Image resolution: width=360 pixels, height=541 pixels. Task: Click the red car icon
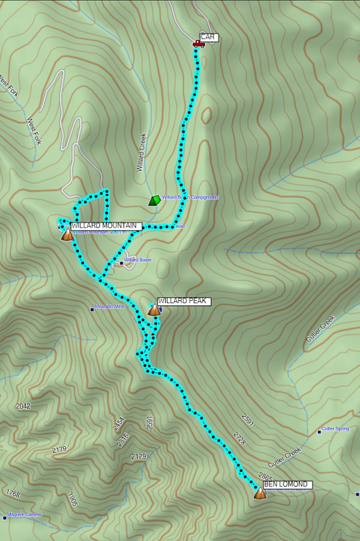pyautogui.click(x=197, y=43)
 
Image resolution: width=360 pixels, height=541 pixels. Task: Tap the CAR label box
pyautogui.click(x=209, y=37)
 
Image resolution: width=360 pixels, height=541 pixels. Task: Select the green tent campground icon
pyautogui.click(x=155, y=200)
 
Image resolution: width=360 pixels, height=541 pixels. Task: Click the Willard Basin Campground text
pyautogui.click(x=190, y=197)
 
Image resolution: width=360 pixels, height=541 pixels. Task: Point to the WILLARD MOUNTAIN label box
pyautogui.click(x=106, y=226)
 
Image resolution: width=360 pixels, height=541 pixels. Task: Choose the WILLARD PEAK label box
pyautogui.click(x=184, y=301)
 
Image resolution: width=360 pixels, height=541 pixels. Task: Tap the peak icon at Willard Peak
pyautogui.click(x=154, y=310)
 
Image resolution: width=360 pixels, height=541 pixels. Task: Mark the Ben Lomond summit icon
pyautogui.click(x=260, y=493)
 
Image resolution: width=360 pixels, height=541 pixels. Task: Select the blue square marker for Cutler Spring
pyautogui.click(x=319, y=431)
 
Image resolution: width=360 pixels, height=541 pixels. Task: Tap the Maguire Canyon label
pyautogui.click(x=25, y=515)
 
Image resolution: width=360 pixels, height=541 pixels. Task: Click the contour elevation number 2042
pyautogui.click(x=23, y=407)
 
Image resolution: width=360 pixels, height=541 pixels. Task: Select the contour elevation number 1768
pyautogui.click(x=13, y=494)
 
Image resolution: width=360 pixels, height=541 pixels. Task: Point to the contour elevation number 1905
pyautogui.click(x=72, y=500)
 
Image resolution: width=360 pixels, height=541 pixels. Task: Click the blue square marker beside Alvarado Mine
pyautogui.click(x=92, y=309)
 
